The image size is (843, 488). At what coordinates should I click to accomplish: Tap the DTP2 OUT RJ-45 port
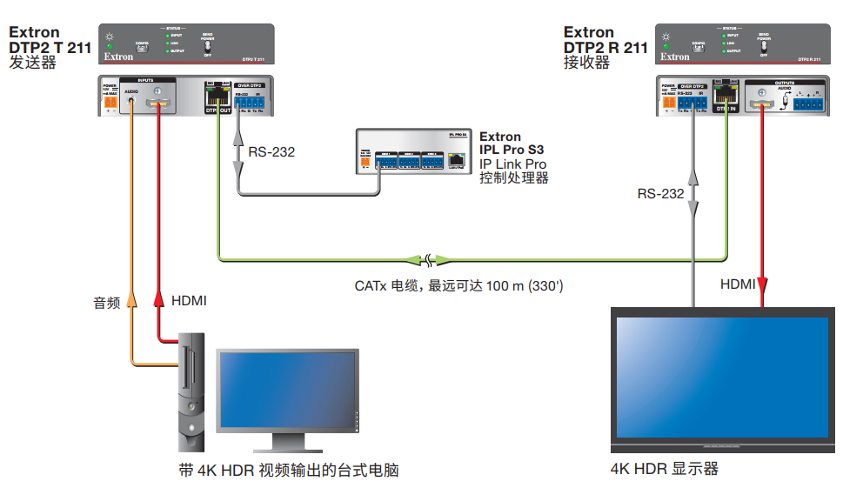pyautogui.click(x=212, y=97)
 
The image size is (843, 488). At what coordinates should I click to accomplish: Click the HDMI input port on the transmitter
pyautogui.click(x=158, y=104)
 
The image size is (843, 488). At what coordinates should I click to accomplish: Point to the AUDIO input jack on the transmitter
pyautogui.click(x=131, y=101)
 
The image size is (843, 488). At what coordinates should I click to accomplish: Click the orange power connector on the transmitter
pyautogui.click(x=110, y=103)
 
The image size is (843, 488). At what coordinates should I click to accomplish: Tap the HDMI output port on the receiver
pyautogui.click(x=762, y=104)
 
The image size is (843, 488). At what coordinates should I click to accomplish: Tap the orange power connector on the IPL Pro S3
pyautogui.click(x=365, y=162)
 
